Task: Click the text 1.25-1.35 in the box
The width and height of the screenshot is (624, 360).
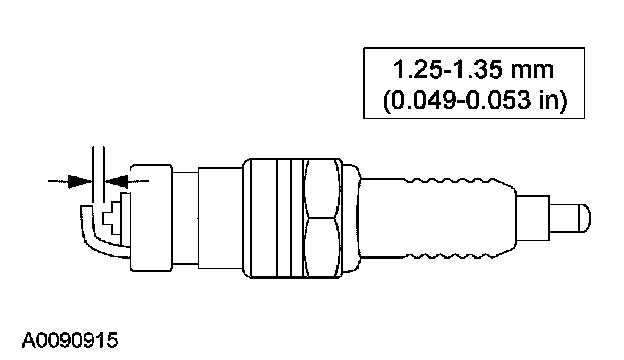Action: tap(448, 69)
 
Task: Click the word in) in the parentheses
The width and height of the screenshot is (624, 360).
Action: tap(553, 100)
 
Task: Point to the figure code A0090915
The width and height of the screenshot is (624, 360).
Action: tap(70, 341)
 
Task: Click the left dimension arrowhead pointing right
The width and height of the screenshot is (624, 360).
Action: tap(80, 181)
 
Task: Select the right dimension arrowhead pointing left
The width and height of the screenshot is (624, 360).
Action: tap(117, 181)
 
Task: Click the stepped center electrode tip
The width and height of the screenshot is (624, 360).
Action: tap(113, 218)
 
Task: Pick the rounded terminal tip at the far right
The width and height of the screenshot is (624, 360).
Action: tap(585, 218)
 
